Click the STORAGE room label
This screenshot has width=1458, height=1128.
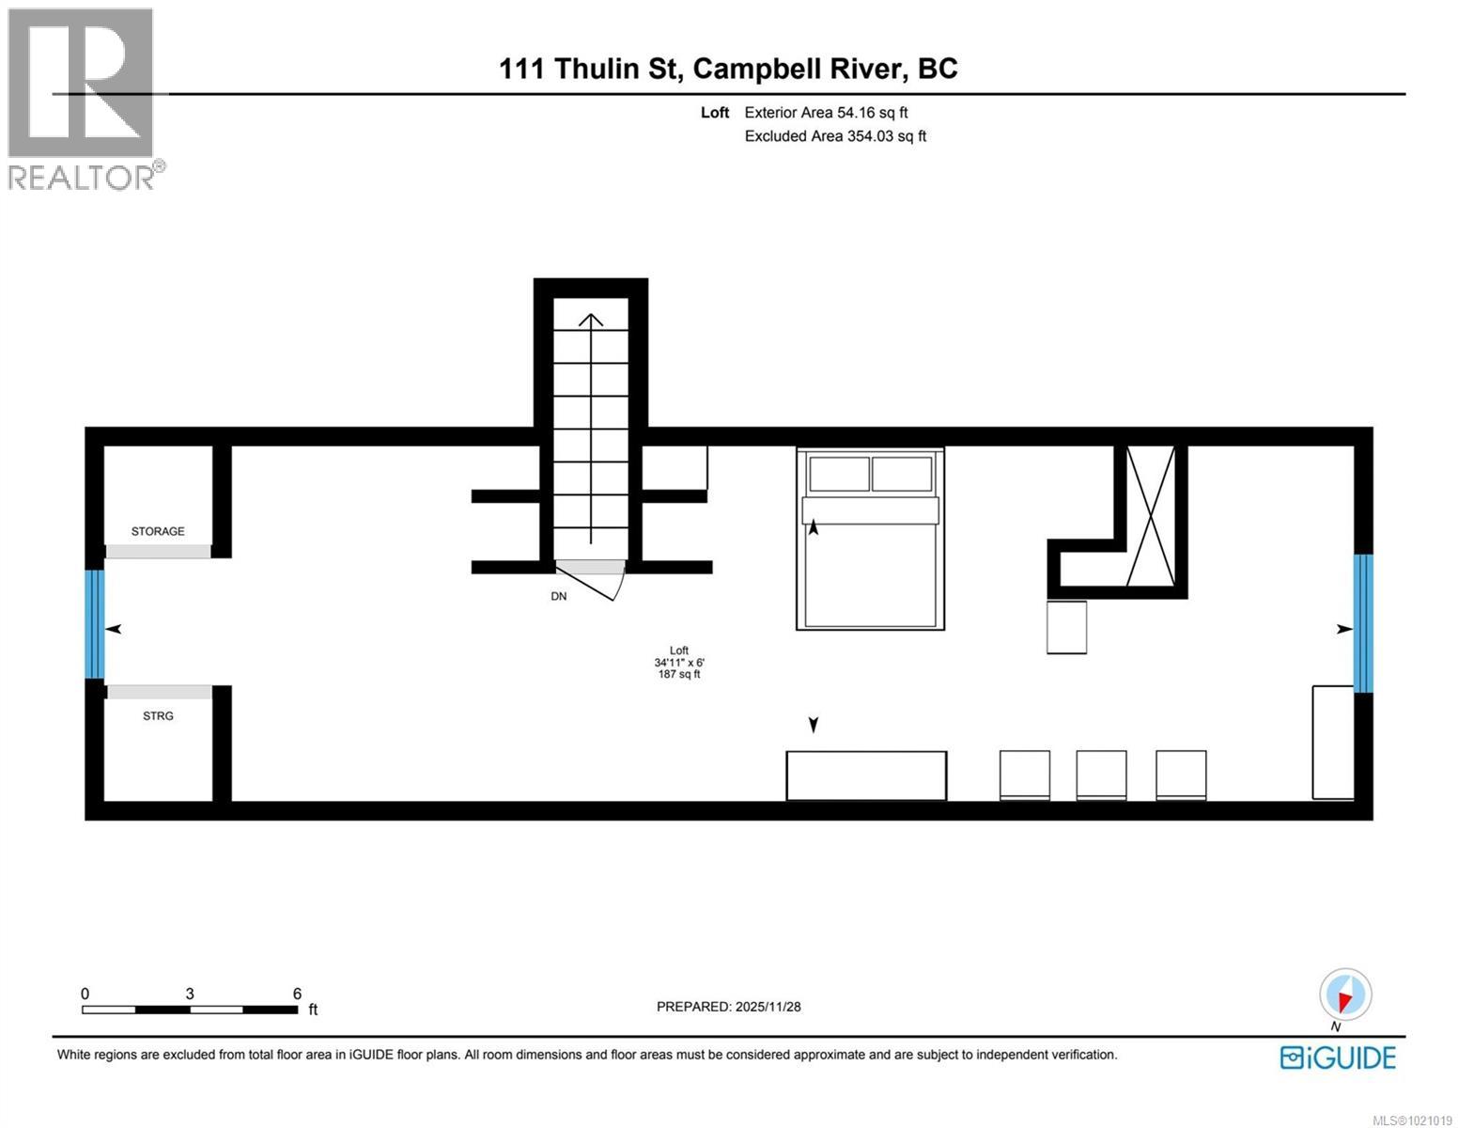point(158,531)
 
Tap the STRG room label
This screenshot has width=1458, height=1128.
point(158,716)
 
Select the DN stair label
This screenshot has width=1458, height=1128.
point(559,596)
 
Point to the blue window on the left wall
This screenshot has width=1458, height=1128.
point(94,624)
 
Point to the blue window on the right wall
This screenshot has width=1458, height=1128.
point(1363,623)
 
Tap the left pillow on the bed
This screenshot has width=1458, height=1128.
point(839,474)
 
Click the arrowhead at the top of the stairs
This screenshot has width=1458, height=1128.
point(591,320)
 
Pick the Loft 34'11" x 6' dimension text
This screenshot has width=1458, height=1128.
point(679,662)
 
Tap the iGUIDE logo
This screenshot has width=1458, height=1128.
point(1338,1057)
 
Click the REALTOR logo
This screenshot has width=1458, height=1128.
point(83,99)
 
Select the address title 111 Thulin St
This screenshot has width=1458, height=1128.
point(728,69)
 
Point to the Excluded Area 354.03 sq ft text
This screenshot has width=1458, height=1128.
point(835,136)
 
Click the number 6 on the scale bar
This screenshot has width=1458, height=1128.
point(297,994)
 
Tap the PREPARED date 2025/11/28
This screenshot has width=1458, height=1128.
point(728,1007)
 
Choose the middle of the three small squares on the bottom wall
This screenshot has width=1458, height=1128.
point(1101,775)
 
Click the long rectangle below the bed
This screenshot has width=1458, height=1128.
point(866,775)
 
